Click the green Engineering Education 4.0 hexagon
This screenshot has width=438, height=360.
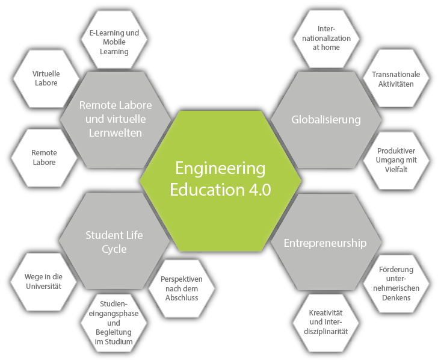pos(220,181)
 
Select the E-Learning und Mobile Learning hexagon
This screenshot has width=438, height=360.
pos(114,39)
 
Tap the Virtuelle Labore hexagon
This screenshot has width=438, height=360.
pos(46,78)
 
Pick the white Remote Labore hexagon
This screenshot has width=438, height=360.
pos(44,158)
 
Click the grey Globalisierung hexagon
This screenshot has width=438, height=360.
pos(326,120)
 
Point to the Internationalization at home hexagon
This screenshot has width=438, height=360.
pos(326,39)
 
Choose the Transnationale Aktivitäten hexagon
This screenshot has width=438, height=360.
pos(396,78)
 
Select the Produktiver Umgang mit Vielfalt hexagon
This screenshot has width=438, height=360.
pos(396,160)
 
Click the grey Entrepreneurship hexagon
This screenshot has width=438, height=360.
pos(326,242)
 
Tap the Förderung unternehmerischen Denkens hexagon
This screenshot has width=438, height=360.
pos(396,284)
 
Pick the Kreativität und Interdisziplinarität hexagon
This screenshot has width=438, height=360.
pos(325,323)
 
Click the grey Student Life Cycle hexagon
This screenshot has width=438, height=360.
pos(114,241)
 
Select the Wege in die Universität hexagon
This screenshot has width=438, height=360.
pos(43,282)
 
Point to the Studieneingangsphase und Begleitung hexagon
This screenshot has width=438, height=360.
pos(114,323)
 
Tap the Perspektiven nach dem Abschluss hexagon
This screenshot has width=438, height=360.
pos(182,288)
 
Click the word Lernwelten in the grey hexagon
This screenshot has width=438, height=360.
pos(116,133)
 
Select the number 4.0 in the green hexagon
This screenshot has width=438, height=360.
pos(259,190)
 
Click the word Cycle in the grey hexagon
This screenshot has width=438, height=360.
pos(114,249)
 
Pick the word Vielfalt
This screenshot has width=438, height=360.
pos(396,169)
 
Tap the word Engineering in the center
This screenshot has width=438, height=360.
pos(220,169)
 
